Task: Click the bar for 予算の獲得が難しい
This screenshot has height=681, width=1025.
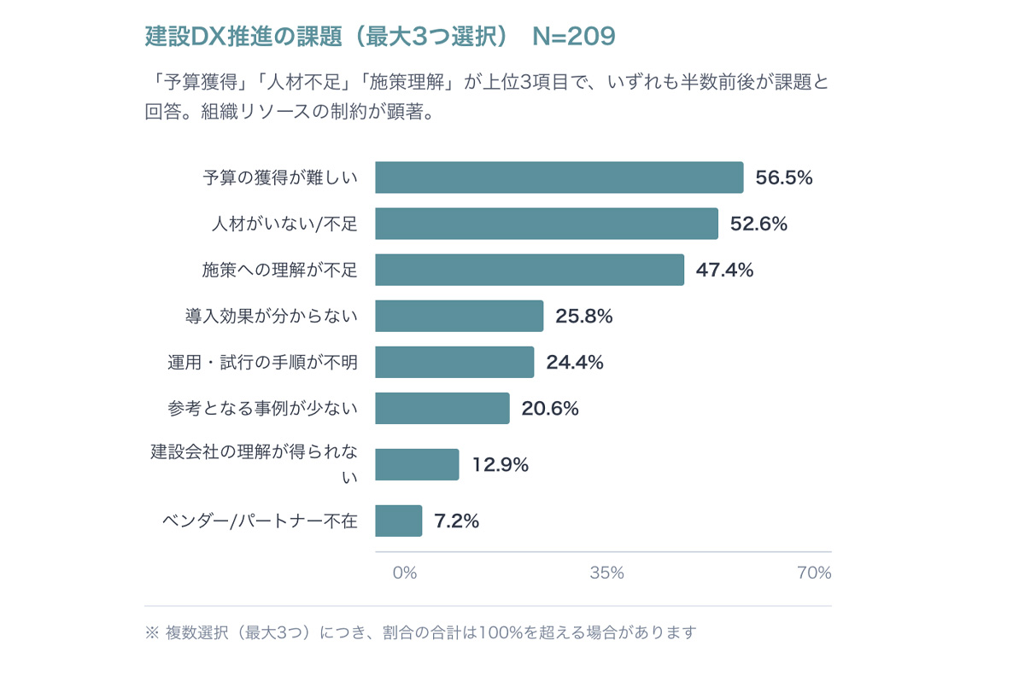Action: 559,178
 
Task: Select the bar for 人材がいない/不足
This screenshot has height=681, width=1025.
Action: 546,224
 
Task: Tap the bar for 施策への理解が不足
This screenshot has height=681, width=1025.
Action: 529,270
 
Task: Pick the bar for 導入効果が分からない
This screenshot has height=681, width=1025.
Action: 459,316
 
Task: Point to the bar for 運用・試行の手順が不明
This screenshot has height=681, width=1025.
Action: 454,362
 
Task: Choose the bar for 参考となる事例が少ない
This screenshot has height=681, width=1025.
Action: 442,408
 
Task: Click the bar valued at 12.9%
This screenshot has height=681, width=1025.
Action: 417,464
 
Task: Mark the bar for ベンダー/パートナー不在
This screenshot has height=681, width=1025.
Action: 398,521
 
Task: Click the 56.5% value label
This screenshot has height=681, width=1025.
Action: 783,178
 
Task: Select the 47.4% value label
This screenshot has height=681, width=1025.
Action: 724,270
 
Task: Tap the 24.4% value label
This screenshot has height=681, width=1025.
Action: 575,362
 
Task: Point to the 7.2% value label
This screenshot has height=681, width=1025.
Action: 456,521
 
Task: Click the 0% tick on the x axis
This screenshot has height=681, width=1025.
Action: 404,573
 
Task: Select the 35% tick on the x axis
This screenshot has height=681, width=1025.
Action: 606,573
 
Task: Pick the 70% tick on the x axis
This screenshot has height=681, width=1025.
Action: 813,573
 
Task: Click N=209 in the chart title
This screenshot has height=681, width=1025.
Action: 573,37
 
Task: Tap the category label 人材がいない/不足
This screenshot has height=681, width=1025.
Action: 284,224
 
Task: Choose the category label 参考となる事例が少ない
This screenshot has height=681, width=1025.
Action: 262,409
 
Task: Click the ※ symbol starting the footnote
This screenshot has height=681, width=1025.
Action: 152,633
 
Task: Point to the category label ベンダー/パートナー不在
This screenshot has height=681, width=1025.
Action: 260,521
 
